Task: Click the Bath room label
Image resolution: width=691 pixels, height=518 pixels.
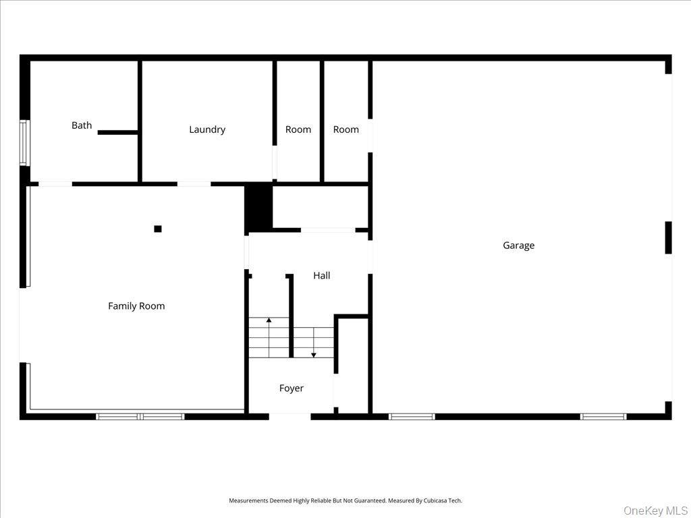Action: [82, 125]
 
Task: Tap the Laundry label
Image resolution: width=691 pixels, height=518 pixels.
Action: [207, 129]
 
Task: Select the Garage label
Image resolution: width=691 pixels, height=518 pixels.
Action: [518, 246]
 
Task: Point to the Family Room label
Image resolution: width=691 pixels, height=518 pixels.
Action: [136, 306]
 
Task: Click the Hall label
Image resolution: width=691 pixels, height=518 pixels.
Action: [322, 276]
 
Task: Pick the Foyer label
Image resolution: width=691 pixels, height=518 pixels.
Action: [292, 388]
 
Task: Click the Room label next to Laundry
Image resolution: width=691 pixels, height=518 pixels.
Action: [298, 129]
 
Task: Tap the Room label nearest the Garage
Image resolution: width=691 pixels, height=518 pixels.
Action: [346, 129]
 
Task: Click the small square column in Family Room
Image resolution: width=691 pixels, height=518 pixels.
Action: [158, 229]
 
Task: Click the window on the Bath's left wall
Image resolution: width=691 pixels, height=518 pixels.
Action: [24, 142]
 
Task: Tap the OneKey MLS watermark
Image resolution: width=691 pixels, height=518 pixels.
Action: [654, 510]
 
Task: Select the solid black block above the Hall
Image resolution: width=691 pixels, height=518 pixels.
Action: [258, 208]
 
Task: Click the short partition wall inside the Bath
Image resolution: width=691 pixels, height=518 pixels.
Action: [118, 132]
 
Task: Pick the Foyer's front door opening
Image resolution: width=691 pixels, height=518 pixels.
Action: [290, 417]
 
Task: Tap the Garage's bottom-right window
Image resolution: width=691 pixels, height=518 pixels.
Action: [603, 417]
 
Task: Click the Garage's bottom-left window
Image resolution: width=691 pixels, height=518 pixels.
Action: [412, 417]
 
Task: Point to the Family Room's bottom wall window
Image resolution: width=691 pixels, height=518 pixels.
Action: [140, 417]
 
